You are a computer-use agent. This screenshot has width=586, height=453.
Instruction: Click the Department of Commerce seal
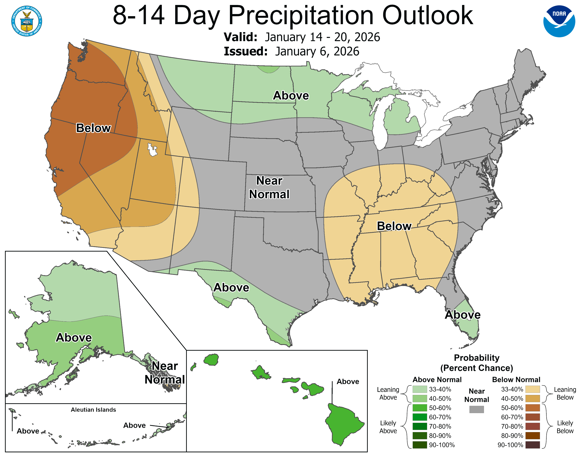27,21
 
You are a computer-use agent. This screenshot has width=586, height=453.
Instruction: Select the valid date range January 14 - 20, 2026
322,37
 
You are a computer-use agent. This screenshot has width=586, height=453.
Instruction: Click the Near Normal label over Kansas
269,187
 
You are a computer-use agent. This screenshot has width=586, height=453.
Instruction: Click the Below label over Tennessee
394,226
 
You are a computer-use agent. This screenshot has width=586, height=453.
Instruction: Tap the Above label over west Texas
231,287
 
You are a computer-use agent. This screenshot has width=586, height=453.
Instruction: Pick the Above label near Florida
463,315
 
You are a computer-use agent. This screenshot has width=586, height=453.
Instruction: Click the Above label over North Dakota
291,96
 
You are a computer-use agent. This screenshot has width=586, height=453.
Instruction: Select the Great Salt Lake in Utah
152,149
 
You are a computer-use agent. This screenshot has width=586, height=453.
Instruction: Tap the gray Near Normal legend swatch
477,409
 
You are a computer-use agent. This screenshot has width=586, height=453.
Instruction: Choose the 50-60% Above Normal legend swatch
420,408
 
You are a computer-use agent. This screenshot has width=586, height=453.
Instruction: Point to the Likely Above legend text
388,427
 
